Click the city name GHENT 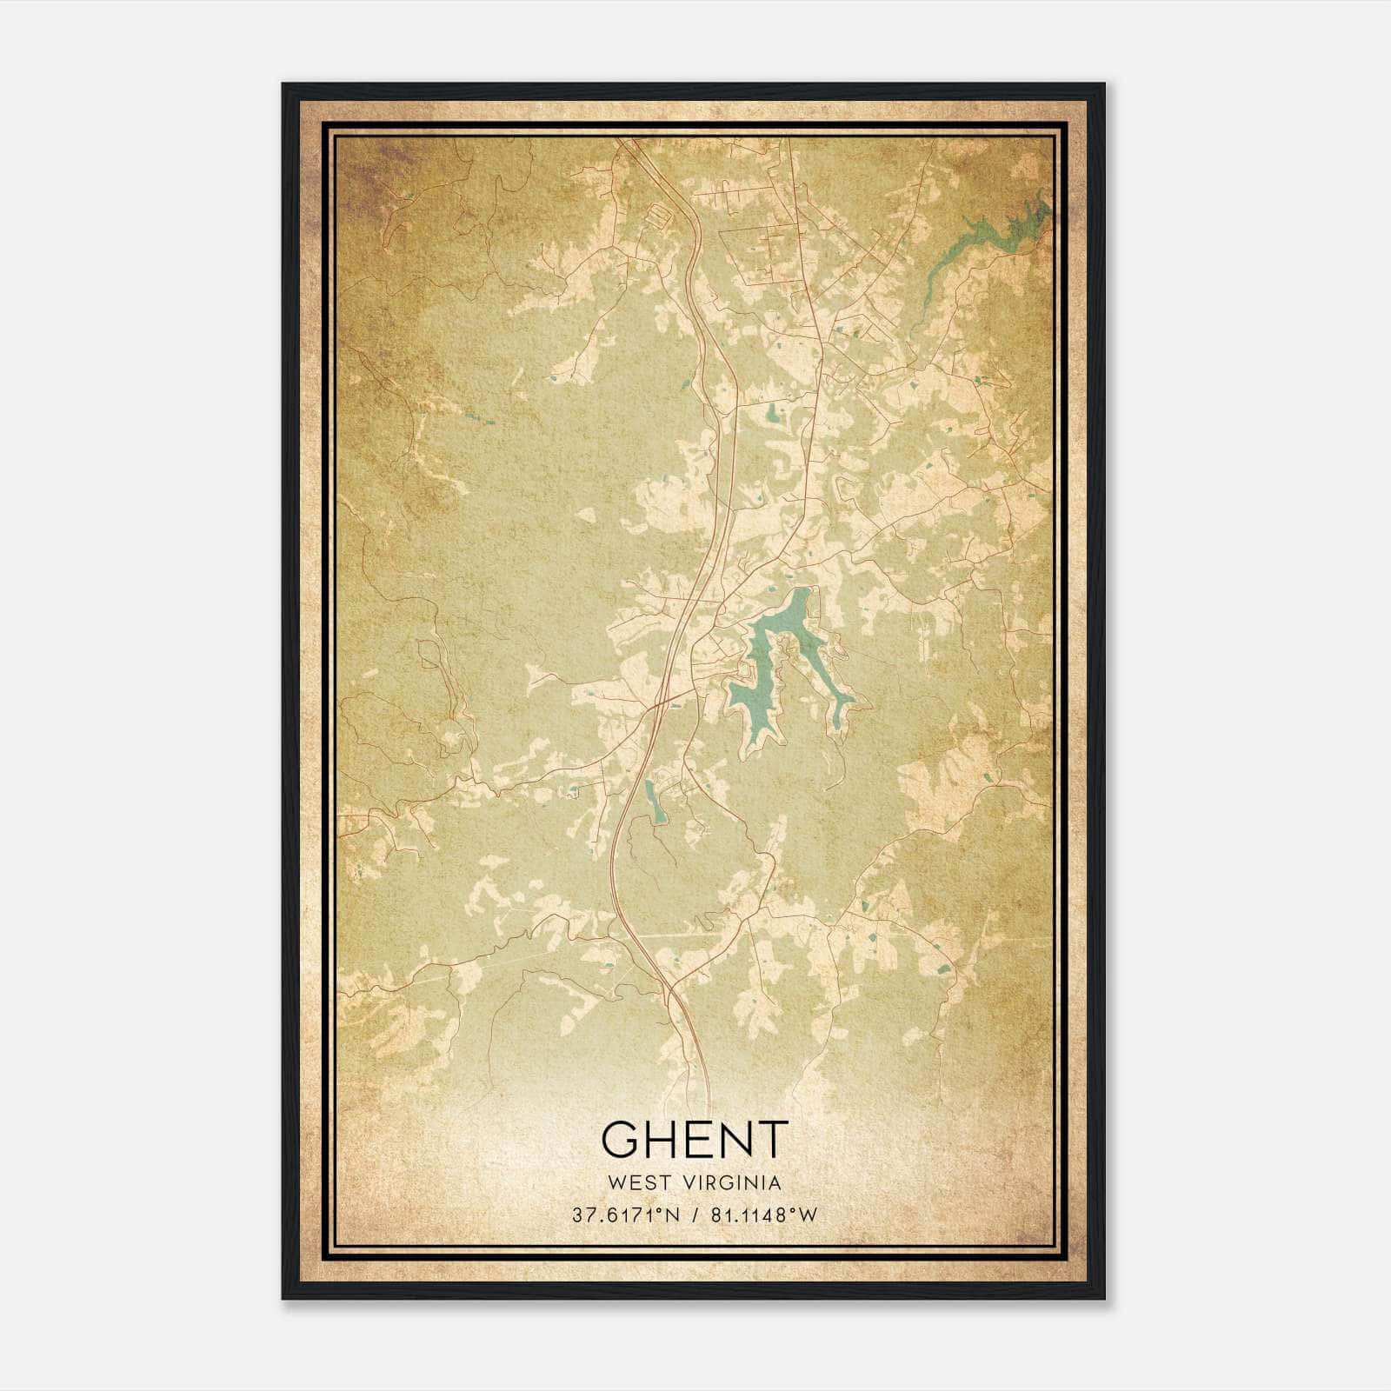pyautogui.click(x=694, y=1140)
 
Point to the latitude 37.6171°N pyautogui.click(x=626, y=1215)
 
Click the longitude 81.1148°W pyautogui.click(x=763, y=1215)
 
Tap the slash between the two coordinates pyautogui.click(x=695, y=1215)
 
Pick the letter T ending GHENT pyautogui.click(x=771, y=1140)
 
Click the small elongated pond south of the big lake pyautogui.click(x=653, y=801)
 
